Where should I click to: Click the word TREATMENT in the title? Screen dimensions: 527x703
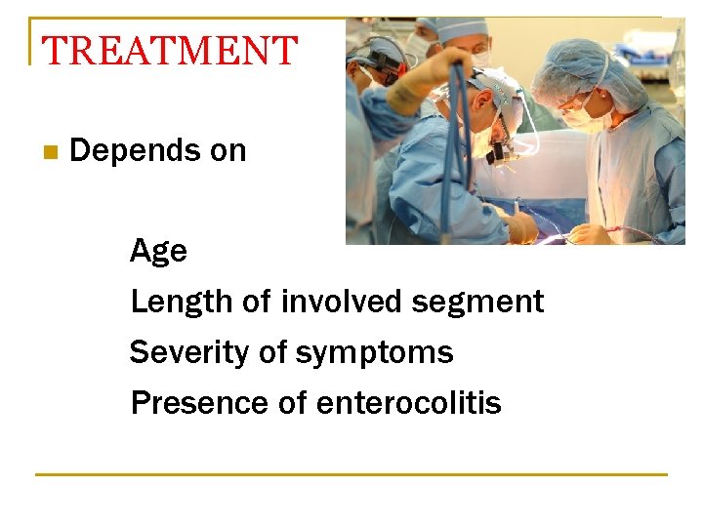[x=170, y=51]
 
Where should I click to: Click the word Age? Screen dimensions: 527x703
[x=158, y=252]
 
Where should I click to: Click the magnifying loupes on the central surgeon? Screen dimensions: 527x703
[x=501, y=150]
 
